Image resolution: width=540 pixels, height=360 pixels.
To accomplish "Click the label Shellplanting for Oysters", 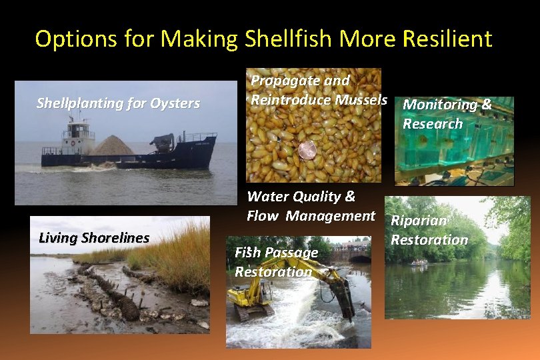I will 118,103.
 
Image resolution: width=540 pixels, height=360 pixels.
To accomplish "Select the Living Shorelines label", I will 94,238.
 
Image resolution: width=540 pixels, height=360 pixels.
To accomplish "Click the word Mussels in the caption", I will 361,100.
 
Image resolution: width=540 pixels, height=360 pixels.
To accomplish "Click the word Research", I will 432,123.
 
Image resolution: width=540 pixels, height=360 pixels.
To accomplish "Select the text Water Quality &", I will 301,197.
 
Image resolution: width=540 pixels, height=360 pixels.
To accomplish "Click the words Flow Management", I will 311,215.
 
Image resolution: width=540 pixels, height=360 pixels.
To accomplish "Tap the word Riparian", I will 419,221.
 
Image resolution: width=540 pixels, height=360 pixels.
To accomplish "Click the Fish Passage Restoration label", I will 276,262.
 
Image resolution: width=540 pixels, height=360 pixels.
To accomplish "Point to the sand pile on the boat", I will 113,145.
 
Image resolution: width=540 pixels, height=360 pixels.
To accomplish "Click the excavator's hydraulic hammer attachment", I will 347,300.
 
